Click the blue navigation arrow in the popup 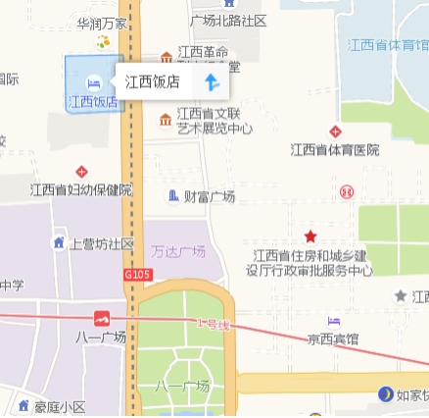click(210, 82)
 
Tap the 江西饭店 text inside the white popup click(152, 82)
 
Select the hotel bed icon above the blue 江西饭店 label click(93, 82)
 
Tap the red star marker click(310, 236)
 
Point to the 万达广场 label click(179, 251)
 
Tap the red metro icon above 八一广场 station click(102, 318)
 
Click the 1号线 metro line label click(211, 323)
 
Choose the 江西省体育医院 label click(334, 150)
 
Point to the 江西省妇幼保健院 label click(81, 189)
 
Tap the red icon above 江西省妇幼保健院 click(82, 171)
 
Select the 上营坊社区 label click(102, 243)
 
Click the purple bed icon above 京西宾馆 click(333, 321)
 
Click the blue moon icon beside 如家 click(386, 394)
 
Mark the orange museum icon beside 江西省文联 click(166, 120)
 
